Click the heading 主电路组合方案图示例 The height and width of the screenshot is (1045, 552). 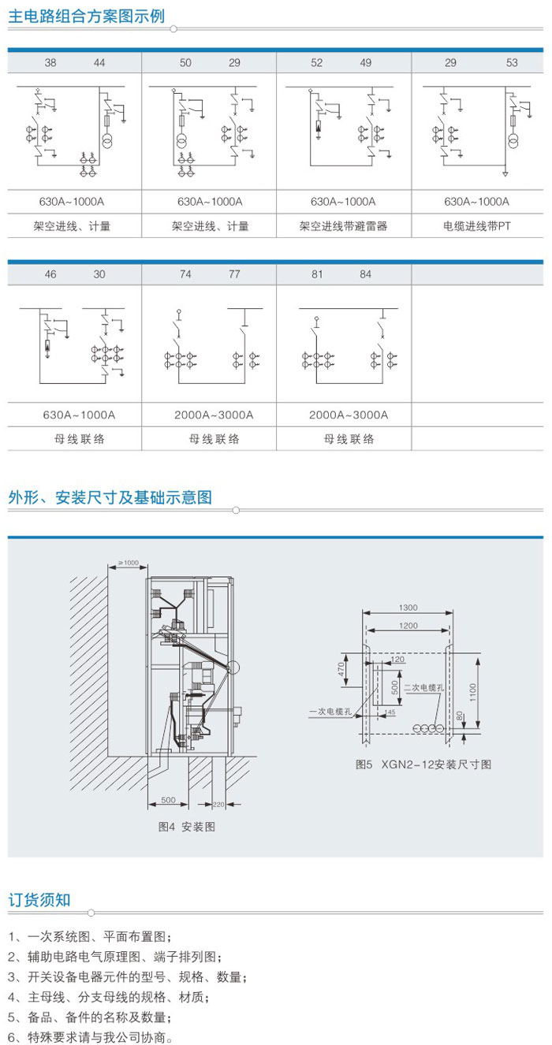[87, 16]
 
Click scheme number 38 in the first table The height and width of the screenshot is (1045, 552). [50, 63]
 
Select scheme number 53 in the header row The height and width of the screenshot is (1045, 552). [512, 63]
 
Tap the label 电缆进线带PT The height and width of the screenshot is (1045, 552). [477, 226]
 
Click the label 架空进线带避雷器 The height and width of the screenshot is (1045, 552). [344, 226]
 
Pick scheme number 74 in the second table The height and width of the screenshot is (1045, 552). [185, 275]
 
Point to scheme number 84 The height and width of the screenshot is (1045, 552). [366, 275]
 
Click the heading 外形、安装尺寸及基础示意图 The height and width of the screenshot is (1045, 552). [110, 497]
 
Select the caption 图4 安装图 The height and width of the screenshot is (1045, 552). [187, 827]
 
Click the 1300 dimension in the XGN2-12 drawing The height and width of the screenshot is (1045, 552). [408, 608]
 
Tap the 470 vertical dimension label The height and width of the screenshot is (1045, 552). [342, 671]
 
